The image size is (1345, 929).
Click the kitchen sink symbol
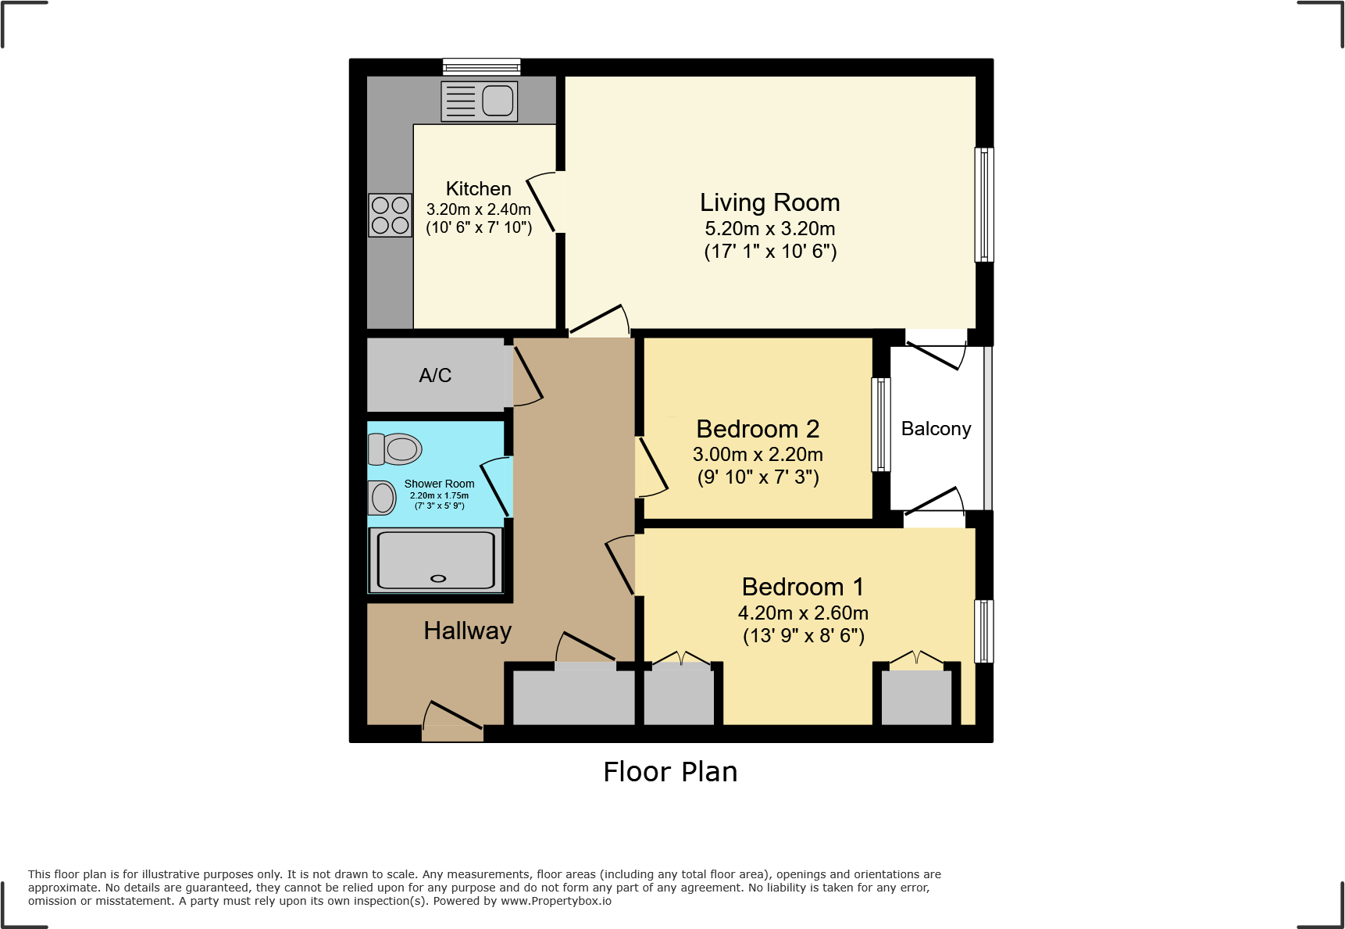point(480,101)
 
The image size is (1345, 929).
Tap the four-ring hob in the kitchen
point(390,215)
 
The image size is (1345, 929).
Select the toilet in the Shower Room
point(395,449)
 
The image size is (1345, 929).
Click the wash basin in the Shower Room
point(382,498)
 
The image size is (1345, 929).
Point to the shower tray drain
point(438,579)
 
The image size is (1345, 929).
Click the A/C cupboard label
point(435,376)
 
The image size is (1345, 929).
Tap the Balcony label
point(936,429)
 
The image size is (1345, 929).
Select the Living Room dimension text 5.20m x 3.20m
point(769,229)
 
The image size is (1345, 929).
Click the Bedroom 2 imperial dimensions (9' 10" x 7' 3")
point(758,477)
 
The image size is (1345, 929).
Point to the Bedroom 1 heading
point(802,587)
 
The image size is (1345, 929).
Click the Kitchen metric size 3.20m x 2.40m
point(478,209)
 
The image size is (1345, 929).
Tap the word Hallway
point(467,631)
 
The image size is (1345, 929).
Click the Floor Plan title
point(670,772)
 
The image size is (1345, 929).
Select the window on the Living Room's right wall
point(984,205)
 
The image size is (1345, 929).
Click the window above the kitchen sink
point(481,66)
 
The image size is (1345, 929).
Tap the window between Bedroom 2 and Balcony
point(880,424)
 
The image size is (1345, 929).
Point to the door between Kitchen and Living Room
point(542,203)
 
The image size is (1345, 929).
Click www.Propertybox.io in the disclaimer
point(555,901)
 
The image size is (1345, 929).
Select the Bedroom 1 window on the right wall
point(984,631)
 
